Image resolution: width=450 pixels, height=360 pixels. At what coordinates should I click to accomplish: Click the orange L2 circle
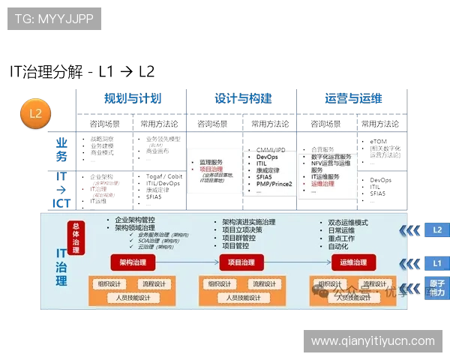point(34,113)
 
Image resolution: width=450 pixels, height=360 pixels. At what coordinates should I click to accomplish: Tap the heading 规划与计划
point(132,99)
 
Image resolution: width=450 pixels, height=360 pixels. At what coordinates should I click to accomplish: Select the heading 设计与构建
point(243,99)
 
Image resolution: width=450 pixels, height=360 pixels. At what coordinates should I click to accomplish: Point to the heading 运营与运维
point(353,99)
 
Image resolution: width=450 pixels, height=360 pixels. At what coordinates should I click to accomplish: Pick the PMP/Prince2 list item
point(274,183)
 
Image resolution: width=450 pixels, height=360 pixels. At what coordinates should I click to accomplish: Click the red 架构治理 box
point(132,262)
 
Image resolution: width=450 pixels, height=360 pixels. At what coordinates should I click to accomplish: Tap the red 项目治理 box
point(243,262)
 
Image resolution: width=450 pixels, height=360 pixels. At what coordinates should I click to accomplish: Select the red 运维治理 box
point(353,262)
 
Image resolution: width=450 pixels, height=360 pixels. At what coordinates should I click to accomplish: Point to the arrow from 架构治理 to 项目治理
point(187,262)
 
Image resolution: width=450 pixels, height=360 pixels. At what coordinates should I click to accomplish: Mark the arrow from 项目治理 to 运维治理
point(298,262)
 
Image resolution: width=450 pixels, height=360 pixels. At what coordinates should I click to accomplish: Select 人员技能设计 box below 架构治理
point(133,298)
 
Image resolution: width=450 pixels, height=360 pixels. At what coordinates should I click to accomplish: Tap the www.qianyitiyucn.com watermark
point(373,341)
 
